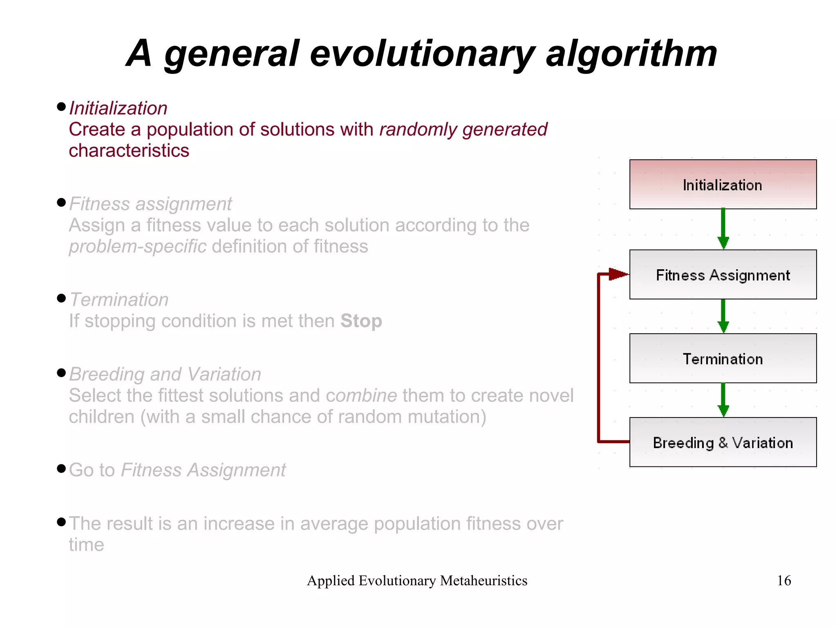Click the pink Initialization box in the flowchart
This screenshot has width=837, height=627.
pyautogui.click(x=723, y=185)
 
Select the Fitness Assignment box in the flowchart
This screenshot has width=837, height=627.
pyautogui.click(x=723, y=275)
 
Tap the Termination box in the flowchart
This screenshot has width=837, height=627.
pyautogui.click(x=723, y=359)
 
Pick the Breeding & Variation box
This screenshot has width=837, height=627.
pyautogui.click(x=723, y=442)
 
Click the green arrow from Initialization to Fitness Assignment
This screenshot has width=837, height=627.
pyautogui.click(x=723, y=229)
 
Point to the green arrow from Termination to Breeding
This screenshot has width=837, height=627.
pyautogui.click(x=723, y=399)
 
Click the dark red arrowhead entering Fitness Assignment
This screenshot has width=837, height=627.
pyautogui.click(x=618, y=274)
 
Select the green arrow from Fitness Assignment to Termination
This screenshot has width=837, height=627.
pyautogui.click(x=723, y=316)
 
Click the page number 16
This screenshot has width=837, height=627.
pyautogui.click(x=783, y=580)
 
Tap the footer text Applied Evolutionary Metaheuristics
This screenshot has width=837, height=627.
pyautogui.click(x=417, y=580)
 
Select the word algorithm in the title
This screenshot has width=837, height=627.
pyautogui.click(x=631, y=54)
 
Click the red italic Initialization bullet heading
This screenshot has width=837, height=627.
pyautogui.click(x=118, y=108)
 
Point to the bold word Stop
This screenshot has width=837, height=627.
pyautogui.click(x=361, y=321)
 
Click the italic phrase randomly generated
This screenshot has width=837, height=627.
pyautogui.click(x=463, y=129)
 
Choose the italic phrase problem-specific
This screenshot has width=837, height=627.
pyautogui.click(x=137, y=247)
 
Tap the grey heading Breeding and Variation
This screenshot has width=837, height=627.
pyautogui.click(x=165, y=374)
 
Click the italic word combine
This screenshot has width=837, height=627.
pyautogui.click(x=361, y=395)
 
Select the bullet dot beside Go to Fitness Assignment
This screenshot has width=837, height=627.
pyautogui.click(x=61, y=468)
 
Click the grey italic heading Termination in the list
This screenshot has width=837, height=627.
pyautogui.click(x=119, y=300)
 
